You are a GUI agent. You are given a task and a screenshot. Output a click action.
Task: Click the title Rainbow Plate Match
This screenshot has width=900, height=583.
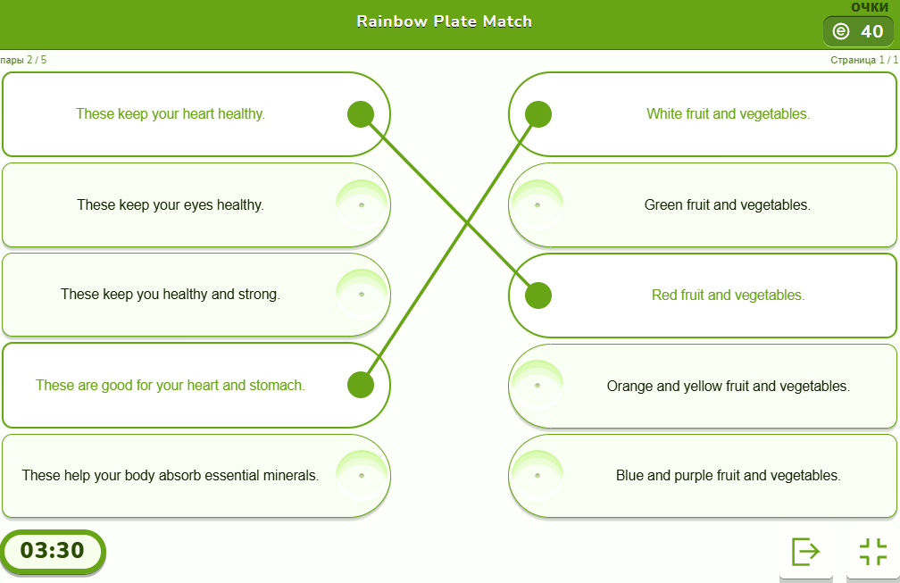tap(444, 21)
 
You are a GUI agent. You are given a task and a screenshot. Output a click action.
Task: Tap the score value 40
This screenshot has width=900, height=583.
tap(871, 32)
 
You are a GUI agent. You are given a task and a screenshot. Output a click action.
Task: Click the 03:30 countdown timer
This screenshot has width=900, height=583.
tap(53, 551)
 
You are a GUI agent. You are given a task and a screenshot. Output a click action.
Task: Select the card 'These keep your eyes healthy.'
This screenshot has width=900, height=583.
tap(170, 205)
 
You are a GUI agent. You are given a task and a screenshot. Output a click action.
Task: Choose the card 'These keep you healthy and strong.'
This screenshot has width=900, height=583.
tap(170, 295)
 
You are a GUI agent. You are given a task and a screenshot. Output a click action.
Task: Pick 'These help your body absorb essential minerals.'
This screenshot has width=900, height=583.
tap(170, 476)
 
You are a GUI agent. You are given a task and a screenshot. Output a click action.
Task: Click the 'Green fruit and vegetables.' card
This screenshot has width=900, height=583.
tap(727, 205)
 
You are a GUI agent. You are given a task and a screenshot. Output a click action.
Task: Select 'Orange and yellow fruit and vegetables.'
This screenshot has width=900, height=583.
tap(728, 387)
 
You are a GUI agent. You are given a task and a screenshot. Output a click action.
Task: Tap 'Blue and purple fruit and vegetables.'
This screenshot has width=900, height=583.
tap(728, 476)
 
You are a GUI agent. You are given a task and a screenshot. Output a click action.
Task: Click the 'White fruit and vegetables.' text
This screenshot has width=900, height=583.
tap(728, 114)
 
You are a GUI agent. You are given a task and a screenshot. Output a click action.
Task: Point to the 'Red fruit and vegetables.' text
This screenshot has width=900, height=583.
tap(728, 296)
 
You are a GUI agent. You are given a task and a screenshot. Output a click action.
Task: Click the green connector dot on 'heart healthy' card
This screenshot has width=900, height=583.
tap(360, 114)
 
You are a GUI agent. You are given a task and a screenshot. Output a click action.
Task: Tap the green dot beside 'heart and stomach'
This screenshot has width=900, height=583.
tap(360, 385)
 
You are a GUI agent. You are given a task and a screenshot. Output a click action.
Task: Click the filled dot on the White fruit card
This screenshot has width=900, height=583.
tap(538, 114)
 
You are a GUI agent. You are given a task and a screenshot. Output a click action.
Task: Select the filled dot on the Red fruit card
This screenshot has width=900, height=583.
tap(538, 296)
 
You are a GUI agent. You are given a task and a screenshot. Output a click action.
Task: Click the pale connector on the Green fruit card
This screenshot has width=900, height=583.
tap(537, 205)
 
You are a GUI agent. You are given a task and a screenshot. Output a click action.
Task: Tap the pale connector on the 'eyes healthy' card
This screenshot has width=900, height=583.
tap(361, 205)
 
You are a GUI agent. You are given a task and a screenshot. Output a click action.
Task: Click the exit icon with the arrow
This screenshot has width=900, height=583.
tap(805, 552)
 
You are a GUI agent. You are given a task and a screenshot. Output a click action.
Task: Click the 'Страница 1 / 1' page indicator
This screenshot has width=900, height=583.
tap(862, 60)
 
